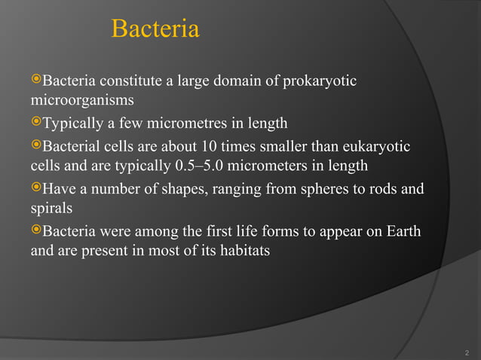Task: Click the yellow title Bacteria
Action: coord(155,29)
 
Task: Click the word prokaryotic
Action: coord(320,81)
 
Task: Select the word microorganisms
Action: coord(82,100)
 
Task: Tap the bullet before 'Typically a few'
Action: coord(36,123)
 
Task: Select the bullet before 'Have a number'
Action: coord(36,188)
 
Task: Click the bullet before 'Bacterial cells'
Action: coord(36,145)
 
